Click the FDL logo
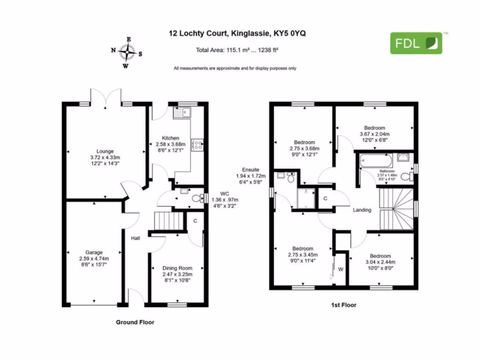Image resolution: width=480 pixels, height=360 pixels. pyautogui.click(x=416, y=43)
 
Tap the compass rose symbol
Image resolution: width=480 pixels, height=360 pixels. pyautogui.click(x=127, y=52)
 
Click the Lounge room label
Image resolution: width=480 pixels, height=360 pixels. pyautogui.click(x=105, y=157)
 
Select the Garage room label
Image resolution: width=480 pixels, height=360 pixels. pyautogui.click(x=94, y=258)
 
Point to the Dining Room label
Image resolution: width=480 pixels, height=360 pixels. pyautogui.click(x=177, y=274)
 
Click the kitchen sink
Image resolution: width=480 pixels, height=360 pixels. pyautogui.click(x=182, y=112)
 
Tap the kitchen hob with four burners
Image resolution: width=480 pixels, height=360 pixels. pyautogui.click(x=197, y=145)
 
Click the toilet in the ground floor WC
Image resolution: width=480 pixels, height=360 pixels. pyautogui.click(x=198, y=198)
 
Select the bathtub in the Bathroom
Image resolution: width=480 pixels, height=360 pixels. pyautogui.click(x=375, y=160)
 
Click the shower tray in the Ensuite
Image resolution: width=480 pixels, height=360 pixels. pyautogui.click(x=306, y=198)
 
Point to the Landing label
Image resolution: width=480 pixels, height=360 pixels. pyautogui.click(x=362, y=210)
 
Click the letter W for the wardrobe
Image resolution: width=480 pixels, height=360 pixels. pyautogui.click(x=341, y=270)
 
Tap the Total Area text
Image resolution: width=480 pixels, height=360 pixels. pyautogui.click(x=237, y=50)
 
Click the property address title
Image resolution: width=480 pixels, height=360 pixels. pyautogui.click(x=237, y=33)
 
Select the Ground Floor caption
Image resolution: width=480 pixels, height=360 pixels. pyautogui.click(x=135, y=322)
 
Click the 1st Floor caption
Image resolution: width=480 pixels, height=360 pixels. pyautogui.click(x=344, y=305)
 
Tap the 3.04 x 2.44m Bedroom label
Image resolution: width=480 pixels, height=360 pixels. pyautogui.click(x=380, y=262)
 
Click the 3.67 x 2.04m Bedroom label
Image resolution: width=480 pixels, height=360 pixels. pyautogui.click(x=375, y=134)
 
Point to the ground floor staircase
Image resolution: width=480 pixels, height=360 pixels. pyautogui.click(x=169, y=221)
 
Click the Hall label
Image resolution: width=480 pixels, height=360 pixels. pyautogui.click(x=135, y=238)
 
